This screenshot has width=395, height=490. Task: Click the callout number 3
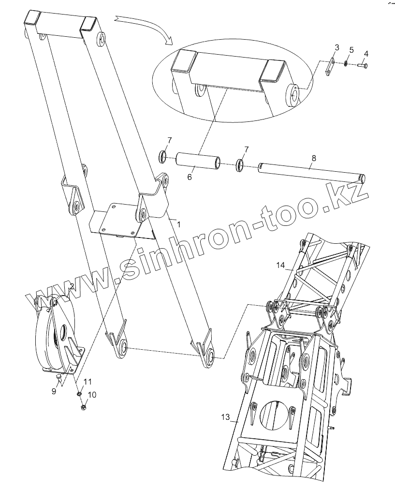[x=337, y=47]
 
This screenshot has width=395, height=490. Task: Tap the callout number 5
[x=351, y=50]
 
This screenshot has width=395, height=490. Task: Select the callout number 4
[x=366, y=53]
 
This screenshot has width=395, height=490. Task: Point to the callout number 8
[x=314, y=158]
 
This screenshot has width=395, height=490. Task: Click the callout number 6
[x=190, y=177]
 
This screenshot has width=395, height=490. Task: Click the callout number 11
[x=87, y=382]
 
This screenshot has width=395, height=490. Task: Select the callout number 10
[x=92, y=395]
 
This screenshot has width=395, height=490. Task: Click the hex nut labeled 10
[x=83, y=407]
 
